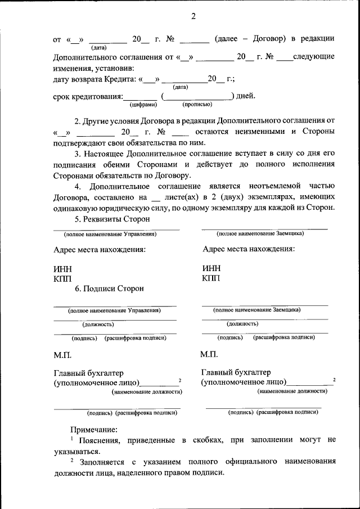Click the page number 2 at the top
(192, 16)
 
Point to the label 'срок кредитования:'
(88, 96)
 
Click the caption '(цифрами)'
(143, 105)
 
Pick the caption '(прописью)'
(197, 105)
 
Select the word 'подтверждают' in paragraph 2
(81, 143)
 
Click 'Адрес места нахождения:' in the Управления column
(100, 249)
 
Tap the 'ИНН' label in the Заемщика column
(211, 268)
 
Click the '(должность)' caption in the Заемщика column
(242, 324)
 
